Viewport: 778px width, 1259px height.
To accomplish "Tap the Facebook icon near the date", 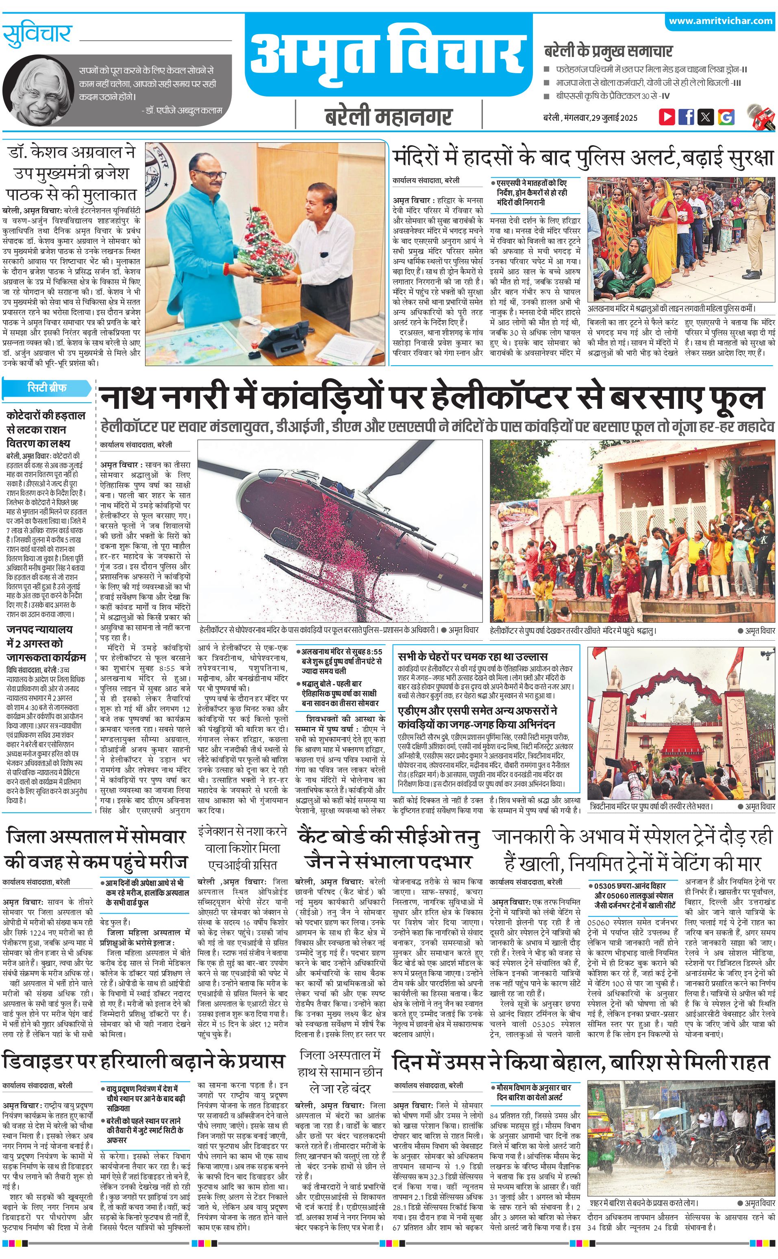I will (686, 116).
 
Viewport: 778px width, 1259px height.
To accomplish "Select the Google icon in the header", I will (726, 116).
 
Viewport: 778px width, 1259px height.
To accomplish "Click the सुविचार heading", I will (37, 35).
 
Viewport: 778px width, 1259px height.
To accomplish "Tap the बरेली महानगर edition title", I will (389, 117).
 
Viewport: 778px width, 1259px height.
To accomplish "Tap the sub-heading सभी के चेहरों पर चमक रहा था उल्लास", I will (472, 657).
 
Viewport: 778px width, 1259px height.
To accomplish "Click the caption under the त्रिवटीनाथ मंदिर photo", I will (650, 806).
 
